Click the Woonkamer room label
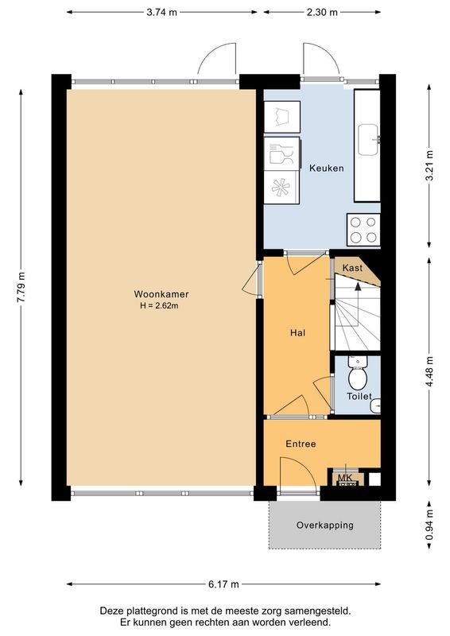click(155, 293)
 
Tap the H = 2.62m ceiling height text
click(155, 305)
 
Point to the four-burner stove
click(363, 230)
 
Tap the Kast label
click(352, 269)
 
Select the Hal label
click(297, 333)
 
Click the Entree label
click(301, 444)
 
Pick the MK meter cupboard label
click(345, 477)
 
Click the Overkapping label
click(324, 525)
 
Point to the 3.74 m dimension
click(161, 12)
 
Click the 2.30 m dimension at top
click(322, 12)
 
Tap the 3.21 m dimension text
click(429, 167)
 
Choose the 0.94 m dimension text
click(429, 526)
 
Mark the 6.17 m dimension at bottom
click(223, 584)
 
